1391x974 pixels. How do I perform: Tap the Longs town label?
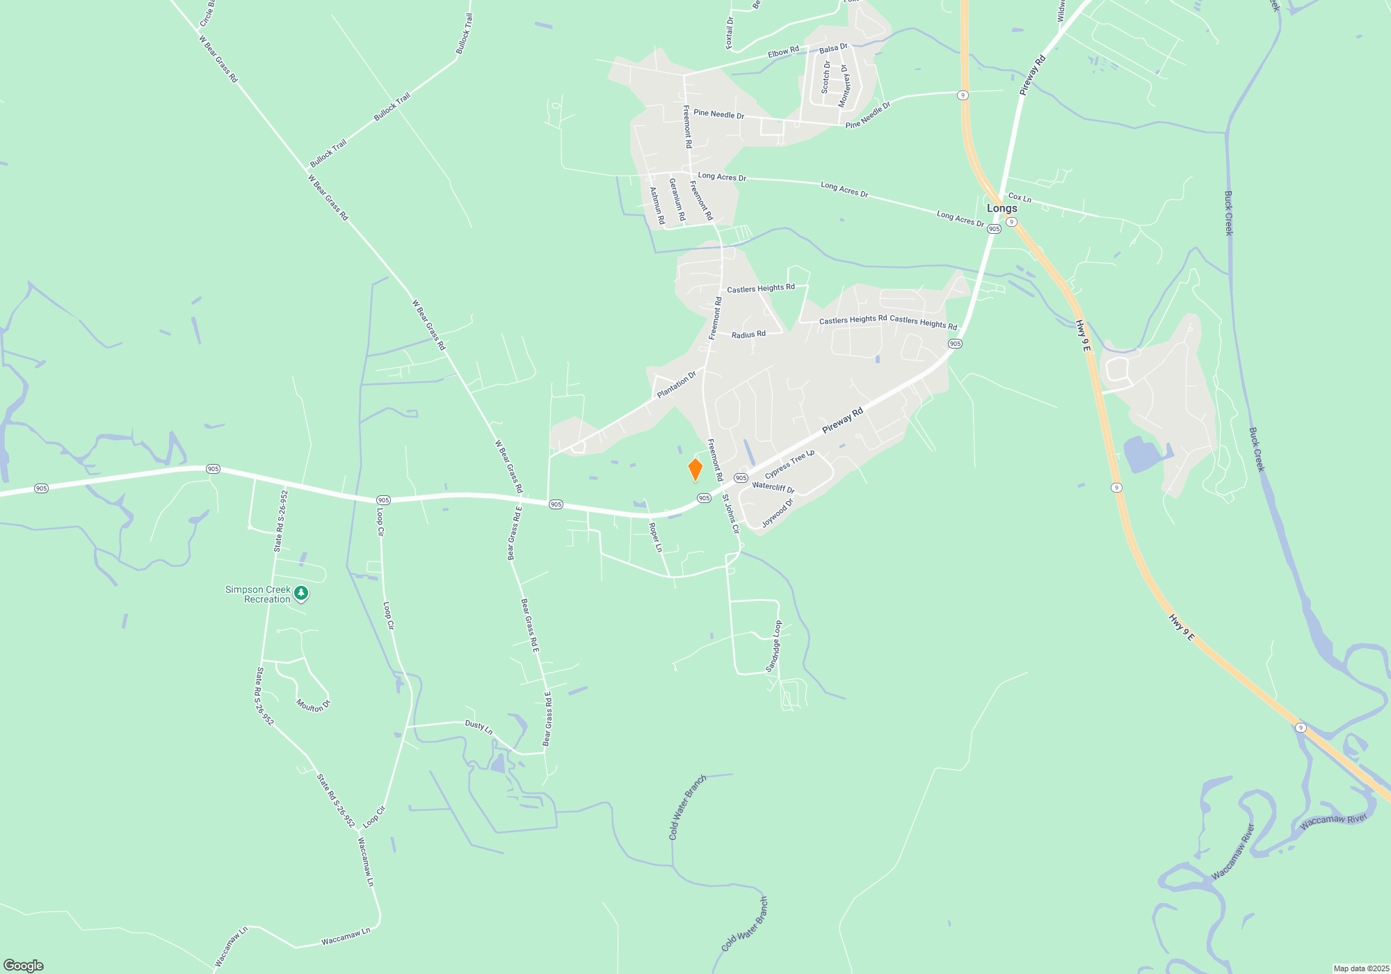click(x=1002, y=208)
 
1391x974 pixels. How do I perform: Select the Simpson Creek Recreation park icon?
click(x=300, y=593)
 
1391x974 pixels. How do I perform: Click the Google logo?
click(x=24, y=965)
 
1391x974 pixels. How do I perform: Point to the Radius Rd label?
click(x=748, y=335)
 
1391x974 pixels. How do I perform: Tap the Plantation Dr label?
click(x=676, y=385)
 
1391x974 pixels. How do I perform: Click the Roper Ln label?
click(x=655, y=538)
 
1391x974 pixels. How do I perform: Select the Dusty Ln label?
click(x=479, y=727)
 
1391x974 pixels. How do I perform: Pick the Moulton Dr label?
click(x=313, y=705)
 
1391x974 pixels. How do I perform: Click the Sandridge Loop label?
click(x=773, y=646)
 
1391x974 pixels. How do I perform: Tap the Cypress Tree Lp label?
click(x=789, y=464)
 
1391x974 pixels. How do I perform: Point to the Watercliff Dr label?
click(x=773, y=487)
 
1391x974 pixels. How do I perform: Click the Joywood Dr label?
click(x=778, y=513)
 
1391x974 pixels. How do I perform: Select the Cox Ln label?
click(x=1020, y=198)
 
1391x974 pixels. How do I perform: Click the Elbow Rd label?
click(x=783, y=52)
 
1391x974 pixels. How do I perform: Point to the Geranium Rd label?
click(x=677, y=200)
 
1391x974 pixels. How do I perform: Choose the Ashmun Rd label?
click(x=657, y=205)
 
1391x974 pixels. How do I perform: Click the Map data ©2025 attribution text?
click(x=1360, y=968)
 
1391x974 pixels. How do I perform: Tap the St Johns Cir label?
click(x=730, y=513)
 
